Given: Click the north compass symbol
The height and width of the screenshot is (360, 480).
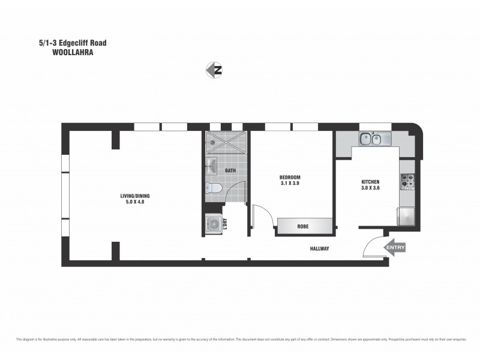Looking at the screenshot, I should [214, 70].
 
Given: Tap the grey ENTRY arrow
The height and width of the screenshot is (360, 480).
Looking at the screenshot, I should [395, 247].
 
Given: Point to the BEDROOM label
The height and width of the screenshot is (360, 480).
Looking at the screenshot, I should [289, 177].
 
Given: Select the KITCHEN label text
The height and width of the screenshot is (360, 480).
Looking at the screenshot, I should [371, 182].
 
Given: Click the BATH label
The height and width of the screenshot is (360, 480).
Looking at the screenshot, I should [230, 170].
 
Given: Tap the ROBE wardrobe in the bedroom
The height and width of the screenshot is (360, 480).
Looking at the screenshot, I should [304, 227].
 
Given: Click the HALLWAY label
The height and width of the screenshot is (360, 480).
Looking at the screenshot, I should [319, 248].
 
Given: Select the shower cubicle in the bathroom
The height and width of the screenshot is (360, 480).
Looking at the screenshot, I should [225, 145].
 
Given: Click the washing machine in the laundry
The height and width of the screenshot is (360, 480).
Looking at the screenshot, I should [214, 223].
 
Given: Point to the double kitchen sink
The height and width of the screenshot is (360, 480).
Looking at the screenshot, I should [370, 140].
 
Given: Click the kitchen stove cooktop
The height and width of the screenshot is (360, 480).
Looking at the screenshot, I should [408, 179].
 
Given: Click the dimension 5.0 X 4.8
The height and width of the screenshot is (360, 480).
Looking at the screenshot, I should [132, 202].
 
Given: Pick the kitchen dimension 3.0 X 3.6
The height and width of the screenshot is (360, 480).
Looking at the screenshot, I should [371, 188].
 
